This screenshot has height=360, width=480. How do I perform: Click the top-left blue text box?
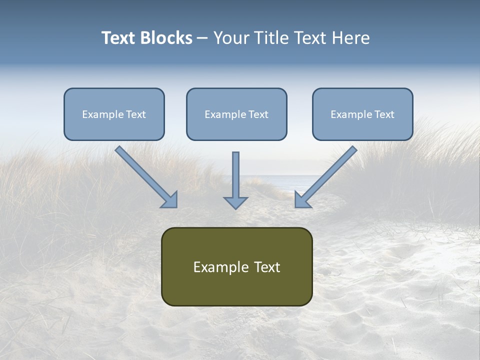tap(114, 114)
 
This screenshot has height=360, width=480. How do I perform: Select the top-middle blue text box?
tap(236, 114)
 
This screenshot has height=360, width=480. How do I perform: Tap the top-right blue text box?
tap(362, 114)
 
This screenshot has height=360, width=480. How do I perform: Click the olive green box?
tap(236, 266)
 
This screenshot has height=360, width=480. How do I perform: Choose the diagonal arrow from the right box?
tap(327, 175)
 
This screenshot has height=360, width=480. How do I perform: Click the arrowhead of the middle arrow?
tap(235, 202)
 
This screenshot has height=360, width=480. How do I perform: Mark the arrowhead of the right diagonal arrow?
tap(302, 200)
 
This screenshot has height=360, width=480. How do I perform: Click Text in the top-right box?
tap(384, 114)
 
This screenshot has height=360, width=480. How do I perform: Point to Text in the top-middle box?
tap(258, 114)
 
